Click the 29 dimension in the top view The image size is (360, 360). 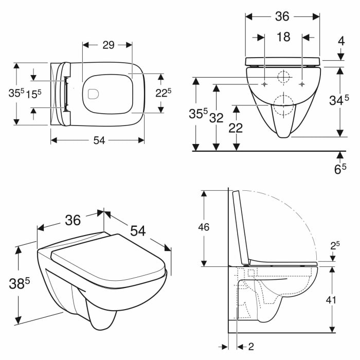pyautogui.click(x=108, y=45)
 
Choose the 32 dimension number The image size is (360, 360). pyautogui.click(x=217, y=118)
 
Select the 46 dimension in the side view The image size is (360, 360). pyautogui.click(x=204, y=227)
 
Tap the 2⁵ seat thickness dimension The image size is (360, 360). pyautogui.click(x=335, y=246)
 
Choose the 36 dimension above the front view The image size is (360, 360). pyautogui.click(x=282, y=16)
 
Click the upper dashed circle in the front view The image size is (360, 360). pyautogui.click(x=283, y=78)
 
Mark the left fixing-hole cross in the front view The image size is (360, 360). pyautogui.click(x=264, y=84)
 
